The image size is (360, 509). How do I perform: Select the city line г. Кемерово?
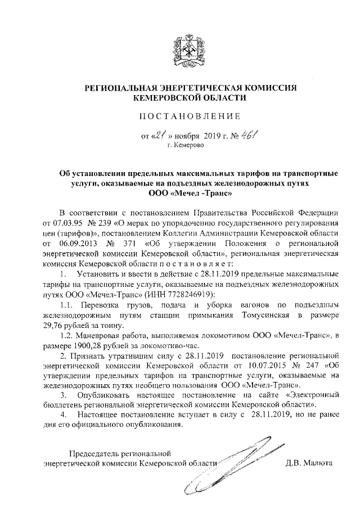186,146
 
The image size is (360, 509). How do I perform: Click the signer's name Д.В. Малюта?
309,463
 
